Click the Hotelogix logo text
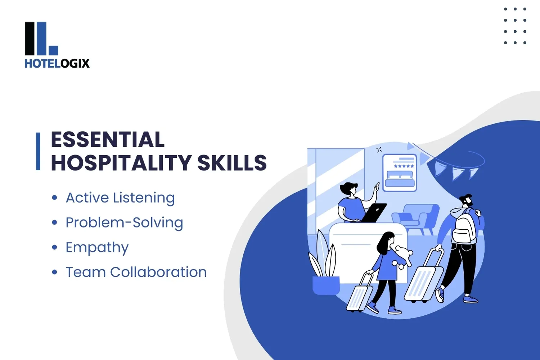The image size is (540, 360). tap(57, 63)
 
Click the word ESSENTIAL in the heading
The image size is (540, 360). tap(108, 140)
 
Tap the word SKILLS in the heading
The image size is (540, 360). tap(232, 163)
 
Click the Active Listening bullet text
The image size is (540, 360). tap(120, 198)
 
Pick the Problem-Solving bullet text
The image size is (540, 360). tap(124, 222)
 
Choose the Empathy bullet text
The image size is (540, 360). tap(97, 247)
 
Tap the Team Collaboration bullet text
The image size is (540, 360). tap(136, 272)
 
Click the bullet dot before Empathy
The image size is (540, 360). tap(54, 247)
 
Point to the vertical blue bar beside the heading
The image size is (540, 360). tap(38, 151)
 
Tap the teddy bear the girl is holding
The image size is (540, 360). tap(403, 256)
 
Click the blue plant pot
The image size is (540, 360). tap(326, 285)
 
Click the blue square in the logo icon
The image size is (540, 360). tap(53, 50)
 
